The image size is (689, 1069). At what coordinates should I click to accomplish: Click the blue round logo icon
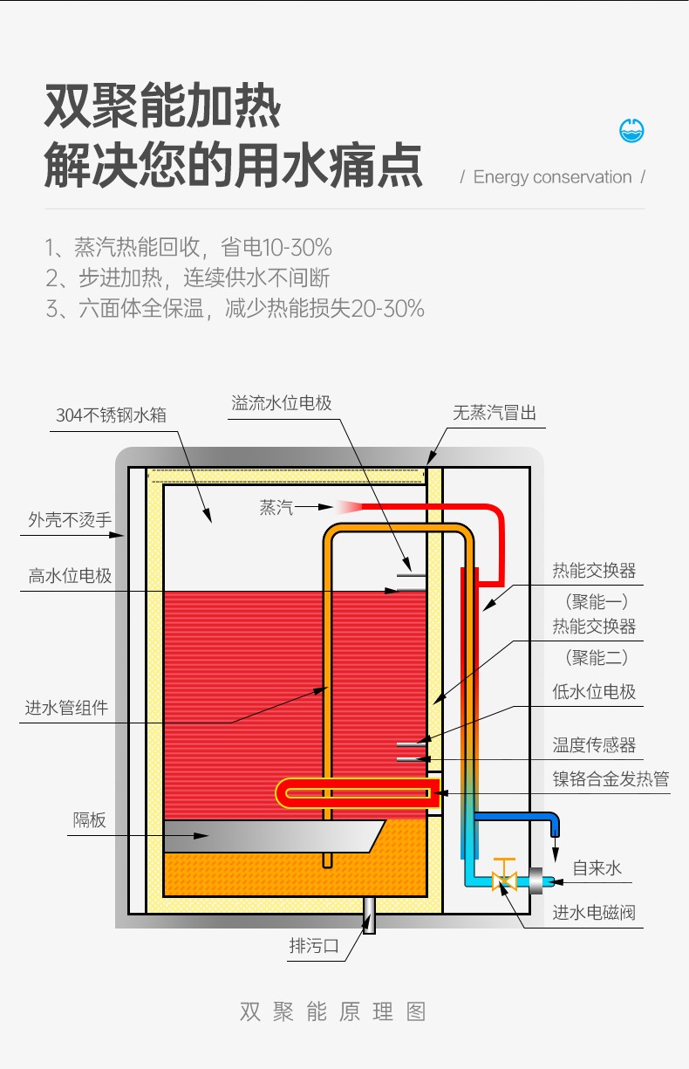tap(631, 131)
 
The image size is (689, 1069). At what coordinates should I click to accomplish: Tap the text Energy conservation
tap(552, 177)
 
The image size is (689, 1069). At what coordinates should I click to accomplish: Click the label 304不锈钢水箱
tap(111, 415)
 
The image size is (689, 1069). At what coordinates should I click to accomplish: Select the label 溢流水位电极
tap(282, 403)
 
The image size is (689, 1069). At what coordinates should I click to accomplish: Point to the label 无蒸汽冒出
tap(495, 413)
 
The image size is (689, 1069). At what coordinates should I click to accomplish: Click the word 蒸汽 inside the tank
tap(276, 507)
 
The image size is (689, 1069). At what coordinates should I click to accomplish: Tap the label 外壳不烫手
tap(70, 520)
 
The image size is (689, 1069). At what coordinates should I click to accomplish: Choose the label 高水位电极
tap(70, 576)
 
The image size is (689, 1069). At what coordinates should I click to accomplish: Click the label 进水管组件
tap(66, 708)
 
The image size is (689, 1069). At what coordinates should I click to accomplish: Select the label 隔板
tap(89, 820)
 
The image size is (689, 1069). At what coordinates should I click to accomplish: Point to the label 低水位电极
tap(594, 692)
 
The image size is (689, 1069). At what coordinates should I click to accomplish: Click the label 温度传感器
tap(594, 744)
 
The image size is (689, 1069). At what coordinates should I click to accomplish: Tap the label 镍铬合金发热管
tap(611, 778)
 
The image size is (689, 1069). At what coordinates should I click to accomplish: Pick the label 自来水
tap(597, 868)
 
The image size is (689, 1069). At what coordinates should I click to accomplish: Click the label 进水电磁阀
tap(594, 914)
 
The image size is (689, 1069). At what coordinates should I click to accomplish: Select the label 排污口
tap(313, 946)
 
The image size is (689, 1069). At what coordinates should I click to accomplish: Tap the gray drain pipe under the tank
tap(370, 917)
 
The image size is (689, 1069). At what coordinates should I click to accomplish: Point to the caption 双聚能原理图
tap(333, 1012)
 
